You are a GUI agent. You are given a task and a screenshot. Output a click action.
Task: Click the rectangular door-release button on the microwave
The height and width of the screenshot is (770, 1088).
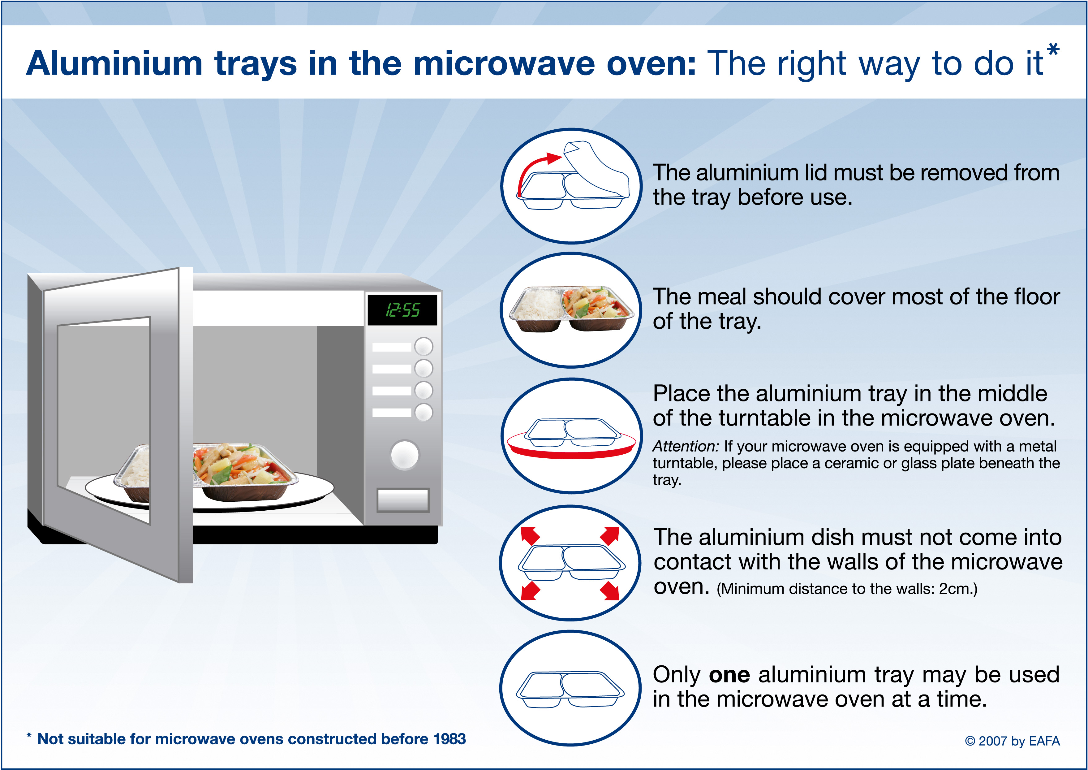point(403,500)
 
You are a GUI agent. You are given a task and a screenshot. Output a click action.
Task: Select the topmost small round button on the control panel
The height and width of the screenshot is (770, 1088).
point(424,346)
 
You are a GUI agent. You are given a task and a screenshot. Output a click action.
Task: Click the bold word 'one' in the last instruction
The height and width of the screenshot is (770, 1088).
point(730,675)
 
